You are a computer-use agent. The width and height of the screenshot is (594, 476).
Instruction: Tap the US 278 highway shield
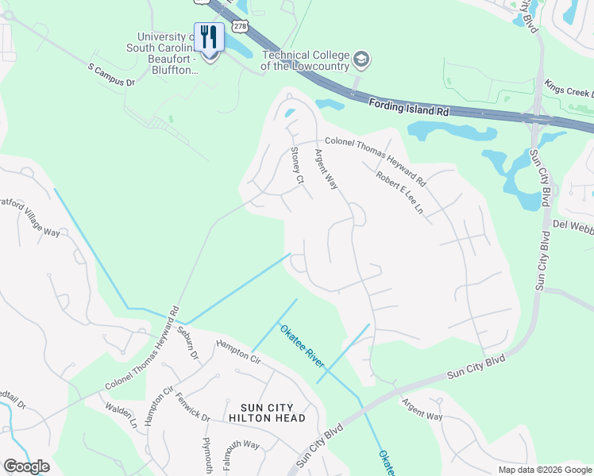tap(240, 26)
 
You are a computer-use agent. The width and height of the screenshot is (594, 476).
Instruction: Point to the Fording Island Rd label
tap(409, 107)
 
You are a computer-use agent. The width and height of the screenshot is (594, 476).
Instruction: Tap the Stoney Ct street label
tap(298, 166)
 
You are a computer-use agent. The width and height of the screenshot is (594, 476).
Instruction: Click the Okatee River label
tap(301, 346)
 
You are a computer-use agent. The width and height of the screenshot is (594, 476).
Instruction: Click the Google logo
tap(26, 466)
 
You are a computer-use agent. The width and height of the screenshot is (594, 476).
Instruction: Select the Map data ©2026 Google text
tap(544, 470)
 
